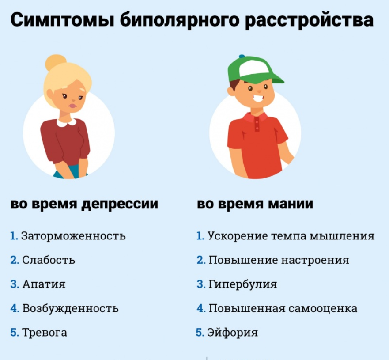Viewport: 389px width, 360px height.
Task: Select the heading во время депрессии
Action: [x=84, y=204]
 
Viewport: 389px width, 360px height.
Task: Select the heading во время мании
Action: [x=255, y=204]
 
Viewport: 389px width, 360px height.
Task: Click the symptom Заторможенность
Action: [x=73, y=236]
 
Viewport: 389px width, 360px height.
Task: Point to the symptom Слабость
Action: [x=49, y=260]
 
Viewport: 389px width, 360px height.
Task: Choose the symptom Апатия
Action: [x=44, y=284]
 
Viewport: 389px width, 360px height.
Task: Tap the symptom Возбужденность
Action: [x=70, y=308]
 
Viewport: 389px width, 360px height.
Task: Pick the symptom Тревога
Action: [x=45, y=332]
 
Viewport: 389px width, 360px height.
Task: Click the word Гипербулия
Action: [x=242, y=284]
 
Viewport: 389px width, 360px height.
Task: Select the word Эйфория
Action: [x=232, y=332]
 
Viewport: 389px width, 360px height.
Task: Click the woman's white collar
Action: [x=66, y=121]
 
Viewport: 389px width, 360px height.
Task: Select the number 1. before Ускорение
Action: [x=200, y=236]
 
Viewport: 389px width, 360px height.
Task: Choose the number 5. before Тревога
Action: [x=15, y=332]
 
